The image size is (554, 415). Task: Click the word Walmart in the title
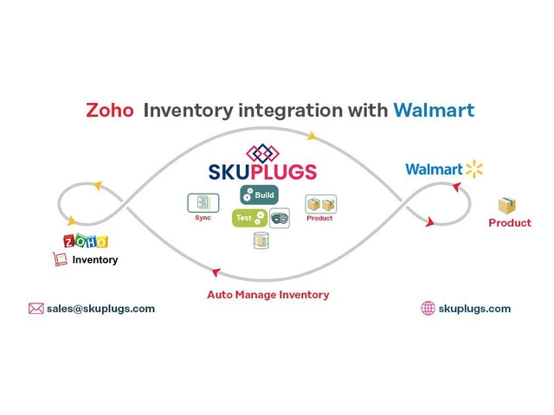433,112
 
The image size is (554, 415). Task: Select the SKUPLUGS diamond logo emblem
265,153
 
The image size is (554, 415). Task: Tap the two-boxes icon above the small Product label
321,205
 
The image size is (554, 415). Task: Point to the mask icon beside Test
280,218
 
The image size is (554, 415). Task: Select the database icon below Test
261,241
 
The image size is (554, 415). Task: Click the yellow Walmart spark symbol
473,168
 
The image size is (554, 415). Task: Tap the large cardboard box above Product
506,206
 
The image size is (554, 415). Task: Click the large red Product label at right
510,223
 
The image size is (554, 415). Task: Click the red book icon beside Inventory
61,259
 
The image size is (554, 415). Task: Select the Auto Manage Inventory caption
267,295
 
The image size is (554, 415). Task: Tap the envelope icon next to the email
35,309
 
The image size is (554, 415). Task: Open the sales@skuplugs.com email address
101,309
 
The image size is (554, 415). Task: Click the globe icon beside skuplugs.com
428,309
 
